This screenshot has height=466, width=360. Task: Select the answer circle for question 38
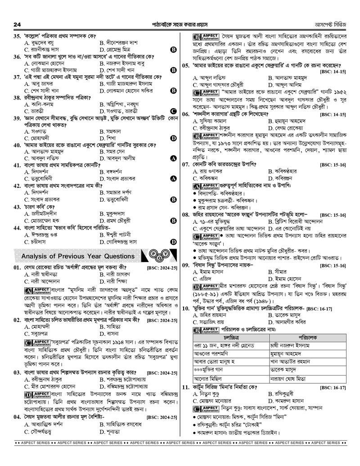[x=173, y=111]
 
